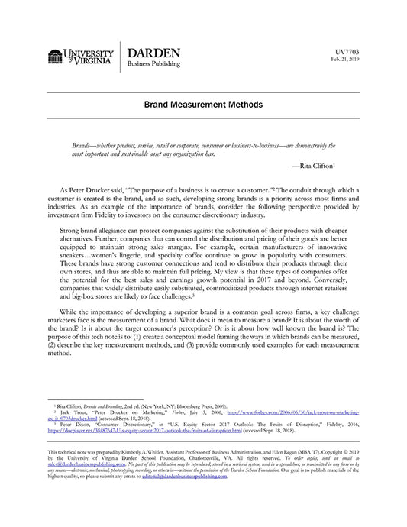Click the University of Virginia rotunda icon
[x=56, y=57]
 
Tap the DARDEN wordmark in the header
[x=153, y=53]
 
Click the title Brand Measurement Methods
[x=203, y=103]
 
